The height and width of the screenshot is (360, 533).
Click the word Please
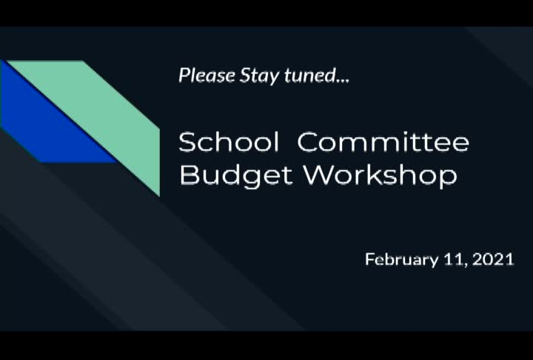coord(207,76)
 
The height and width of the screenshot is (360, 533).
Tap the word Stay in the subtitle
coord(257,76)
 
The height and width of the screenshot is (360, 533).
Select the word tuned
coord(306,76)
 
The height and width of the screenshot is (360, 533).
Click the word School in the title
coord(229,141)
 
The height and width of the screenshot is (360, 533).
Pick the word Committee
coord(383,141)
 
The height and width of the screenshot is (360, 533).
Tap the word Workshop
coord(380,176)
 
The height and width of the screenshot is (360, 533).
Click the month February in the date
coord(401,260)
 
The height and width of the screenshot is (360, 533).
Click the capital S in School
coord(187,141)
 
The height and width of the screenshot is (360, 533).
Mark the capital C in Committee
coord(307,141)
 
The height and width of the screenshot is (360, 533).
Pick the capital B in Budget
coord(188,176)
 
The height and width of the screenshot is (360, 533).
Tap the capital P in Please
coord(183,76)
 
